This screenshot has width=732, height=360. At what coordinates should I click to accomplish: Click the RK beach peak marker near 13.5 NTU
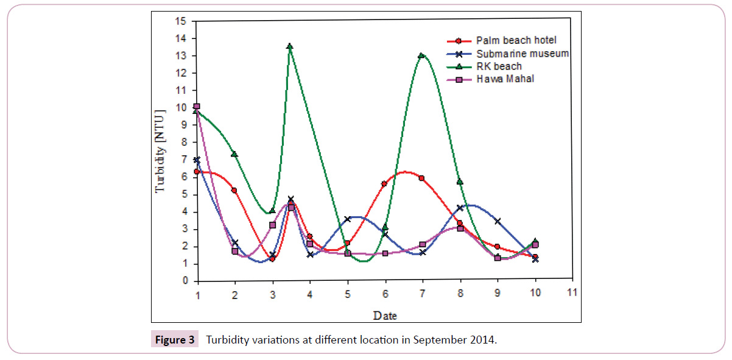pyautogui.click(x=290, y=46)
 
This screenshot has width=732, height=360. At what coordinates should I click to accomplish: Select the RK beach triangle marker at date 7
pyautogui.click(x=421, y=55)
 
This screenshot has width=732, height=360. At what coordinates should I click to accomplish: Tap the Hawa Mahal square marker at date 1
pyautogui.click(x=197, y=107)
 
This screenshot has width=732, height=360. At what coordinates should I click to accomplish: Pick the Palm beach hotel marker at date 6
pyautogui.click(x=384, y=184)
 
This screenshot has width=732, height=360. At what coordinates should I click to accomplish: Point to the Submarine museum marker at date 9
pyautogui.click(x=498, y=221)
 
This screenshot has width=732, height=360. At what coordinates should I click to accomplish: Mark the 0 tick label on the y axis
pyautogui.click(x=183, y=281)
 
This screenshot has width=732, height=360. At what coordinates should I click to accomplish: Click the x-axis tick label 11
pyautogui.click(x=572, y=292)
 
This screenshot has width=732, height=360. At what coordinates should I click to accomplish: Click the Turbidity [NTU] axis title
pyautogui.click(x=160, y=151)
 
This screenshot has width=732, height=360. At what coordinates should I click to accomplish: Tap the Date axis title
pyautogui.click(x=385, y=316)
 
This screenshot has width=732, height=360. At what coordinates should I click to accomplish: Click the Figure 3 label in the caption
pyautogui.click(x=175, y=340)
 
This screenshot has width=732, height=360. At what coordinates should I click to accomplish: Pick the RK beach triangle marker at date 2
pyautogui.click(x=234, y=154)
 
